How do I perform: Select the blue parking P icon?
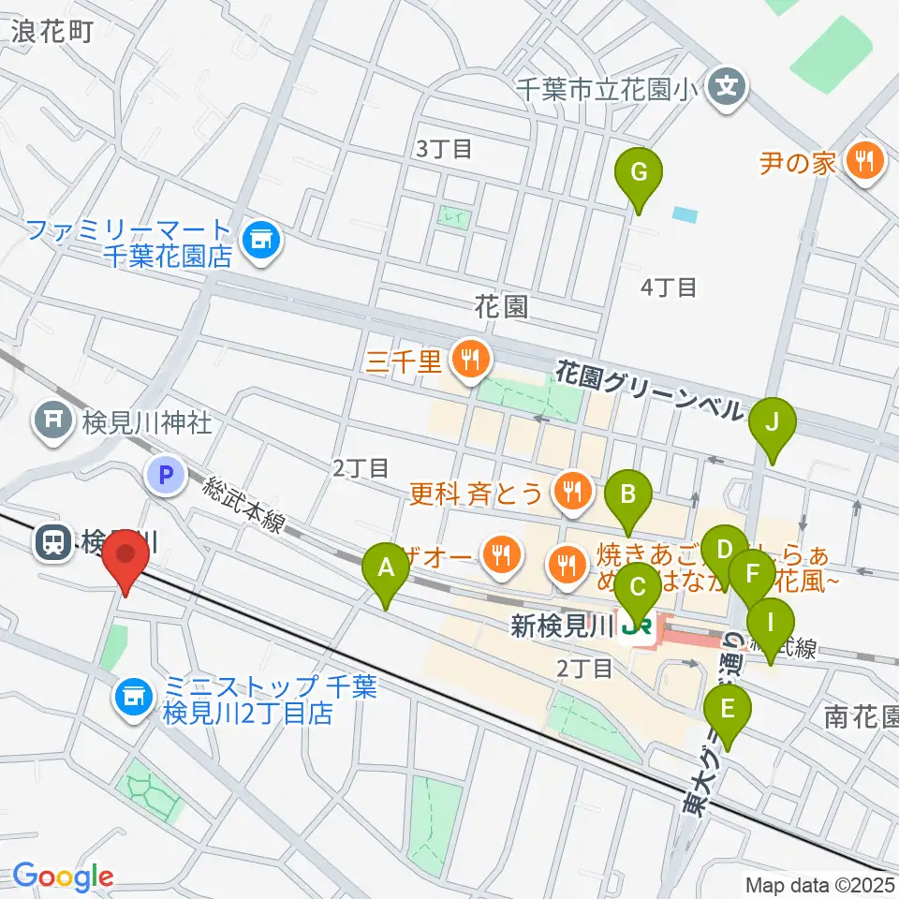(x=165, y=477)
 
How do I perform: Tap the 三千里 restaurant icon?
(x=466, y=357)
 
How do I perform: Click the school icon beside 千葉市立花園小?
(x=729, y=89)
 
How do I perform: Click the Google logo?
(x=63, y=877)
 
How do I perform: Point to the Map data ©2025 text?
(x=820, y=884)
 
